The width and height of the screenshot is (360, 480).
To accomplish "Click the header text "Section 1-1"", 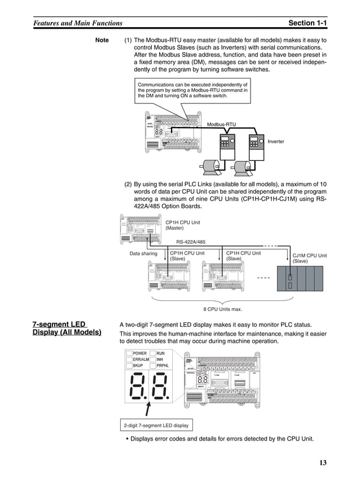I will [307, 23].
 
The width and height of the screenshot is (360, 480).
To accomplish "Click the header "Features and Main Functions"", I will [78, 23].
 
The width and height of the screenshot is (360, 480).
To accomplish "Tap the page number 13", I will [322, 463].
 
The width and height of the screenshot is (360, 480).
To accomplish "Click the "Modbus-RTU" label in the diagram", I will [221, 124].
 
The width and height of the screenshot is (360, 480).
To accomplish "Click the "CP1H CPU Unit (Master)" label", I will [182, 225].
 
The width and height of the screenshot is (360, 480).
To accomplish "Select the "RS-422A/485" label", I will [191, 242].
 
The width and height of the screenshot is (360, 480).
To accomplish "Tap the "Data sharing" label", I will [143, 254].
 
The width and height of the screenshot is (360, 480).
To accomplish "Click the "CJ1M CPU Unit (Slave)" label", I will [309, 259].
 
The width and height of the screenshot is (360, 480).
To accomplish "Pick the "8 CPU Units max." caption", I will [222, 309].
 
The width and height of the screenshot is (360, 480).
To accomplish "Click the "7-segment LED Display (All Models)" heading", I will [67, 328].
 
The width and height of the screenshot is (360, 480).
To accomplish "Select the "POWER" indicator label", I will [139, 353].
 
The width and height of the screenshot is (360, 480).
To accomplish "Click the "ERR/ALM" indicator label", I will [141, 359].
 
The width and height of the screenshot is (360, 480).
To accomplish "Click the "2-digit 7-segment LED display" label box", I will [156, 425].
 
